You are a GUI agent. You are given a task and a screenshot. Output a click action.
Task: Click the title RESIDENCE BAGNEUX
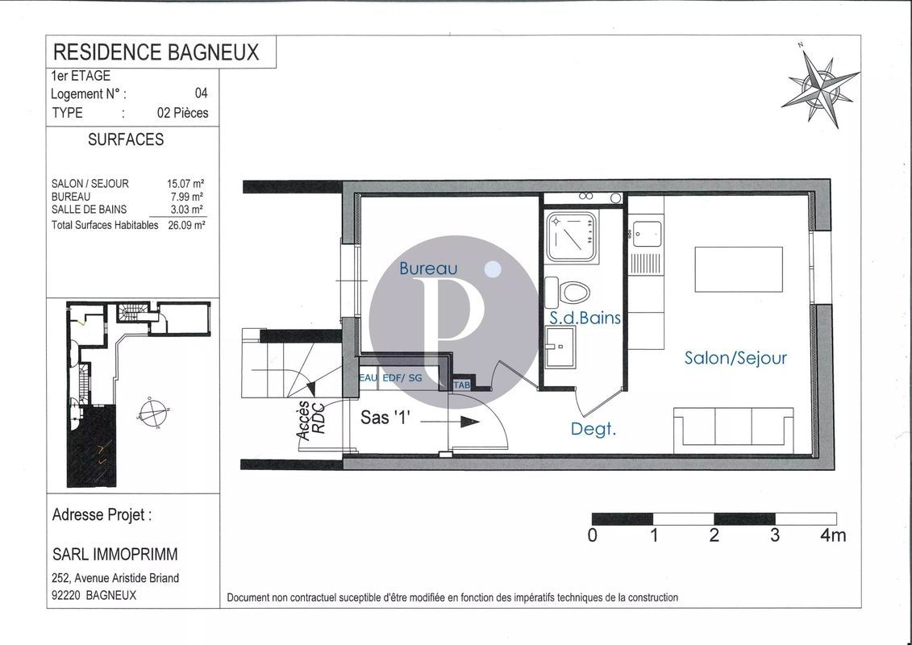coord(156,52)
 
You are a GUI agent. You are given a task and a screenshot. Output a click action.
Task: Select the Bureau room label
coord(428,268)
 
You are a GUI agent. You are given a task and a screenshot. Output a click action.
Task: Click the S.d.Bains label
coord(585,318)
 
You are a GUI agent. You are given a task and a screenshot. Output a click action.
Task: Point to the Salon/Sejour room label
coord(735,357)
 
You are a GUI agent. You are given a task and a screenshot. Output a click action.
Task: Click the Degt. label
coord(593,429)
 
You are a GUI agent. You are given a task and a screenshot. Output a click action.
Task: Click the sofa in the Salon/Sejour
coord(733,427)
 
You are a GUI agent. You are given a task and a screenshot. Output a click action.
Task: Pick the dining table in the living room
coord(739,270)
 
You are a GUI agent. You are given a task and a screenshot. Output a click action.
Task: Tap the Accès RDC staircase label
coord(310,420)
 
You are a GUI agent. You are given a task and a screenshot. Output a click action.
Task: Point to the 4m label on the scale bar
coord(833,535)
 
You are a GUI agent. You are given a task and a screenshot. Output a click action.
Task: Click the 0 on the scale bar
coord(593,535)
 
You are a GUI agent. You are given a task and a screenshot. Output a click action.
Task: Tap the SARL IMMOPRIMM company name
coord(115,554)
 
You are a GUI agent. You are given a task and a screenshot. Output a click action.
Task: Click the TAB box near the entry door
coord(463,385)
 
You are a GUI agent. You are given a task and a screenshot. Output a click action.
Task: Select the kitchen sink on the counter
coord(645,235)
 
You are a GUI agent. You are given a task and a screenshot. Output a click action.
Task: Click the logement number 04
coord(201,94)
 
